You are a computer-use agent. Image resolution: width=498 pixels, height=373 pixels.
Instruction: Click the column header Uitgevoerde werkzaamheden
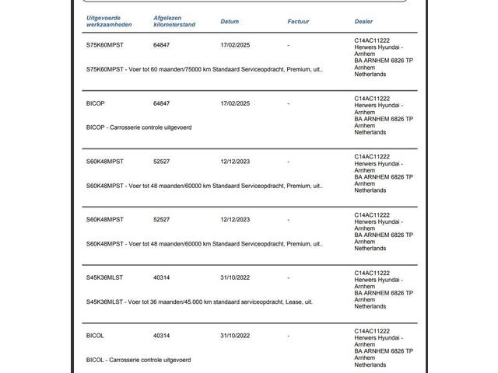pos(109,21)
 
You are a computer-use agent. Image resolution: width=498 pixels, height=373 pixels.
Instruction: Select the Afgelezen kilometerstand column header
pos(174,21)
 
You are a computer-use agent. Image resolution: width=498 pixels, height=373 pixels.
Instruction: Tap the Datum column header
pos(230,22)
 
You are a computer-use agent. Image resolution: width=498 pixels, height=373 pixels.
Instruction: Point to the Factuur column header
pos(298,22)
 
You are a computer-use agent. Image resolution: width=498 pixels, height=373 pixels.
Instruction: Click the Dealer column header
pos(363,22)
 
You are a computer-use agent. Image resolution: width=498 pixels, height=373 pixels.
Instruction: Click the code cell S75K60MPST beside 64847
pos(104,45)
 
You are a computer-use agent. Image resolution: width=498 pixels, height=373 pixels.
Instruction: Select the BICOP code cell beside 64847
pos(95,103)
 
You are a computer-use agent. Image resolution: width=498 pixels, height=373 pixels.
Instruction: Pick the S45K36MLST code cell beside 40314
pos(104,277)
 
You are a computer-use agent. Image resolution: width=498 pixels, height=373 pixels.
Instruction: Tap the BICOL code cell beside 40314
pos(95,336)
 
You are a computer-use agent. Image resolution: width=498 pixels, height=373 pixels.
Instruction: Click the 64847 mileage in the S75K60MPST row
pos(161,45)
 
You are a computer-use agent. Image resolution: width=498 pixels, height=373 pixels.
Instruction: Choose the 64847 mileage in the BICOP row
pos(161,103)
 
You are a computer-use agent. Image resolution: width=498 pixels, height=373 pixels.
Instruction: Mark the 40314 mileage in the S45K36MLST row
pos(161,277)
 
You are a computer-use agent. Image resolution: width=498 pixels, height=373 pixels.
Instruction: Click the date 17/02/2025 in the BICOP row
pos(235,103)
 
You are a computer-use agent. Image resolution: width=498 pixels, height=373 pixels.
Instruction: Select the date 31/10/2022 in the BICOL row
pos(235,336)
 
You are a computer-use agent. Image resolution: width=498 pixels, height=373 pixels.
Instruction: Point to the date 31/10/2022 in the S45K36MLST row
pos(235,277)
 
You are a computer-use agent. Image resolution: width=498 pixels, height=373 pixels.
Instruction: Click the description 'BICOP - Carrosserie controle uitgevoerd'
pos(139,127)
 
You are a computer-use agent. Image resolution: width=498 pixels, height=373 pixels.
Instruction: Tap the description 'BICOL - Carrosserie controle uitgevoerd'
pos(139,360)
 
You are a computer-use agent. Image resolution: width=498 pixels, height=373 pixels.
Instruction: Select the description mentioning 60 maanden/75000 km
pos(204,69)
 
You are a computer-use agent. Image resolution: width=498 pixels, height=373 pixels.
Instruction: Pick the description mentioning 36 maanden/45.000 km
pos(199,302)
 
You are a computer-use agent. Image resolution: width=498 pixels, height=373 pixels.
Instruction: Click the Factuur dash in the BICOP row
pos(288,103)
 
